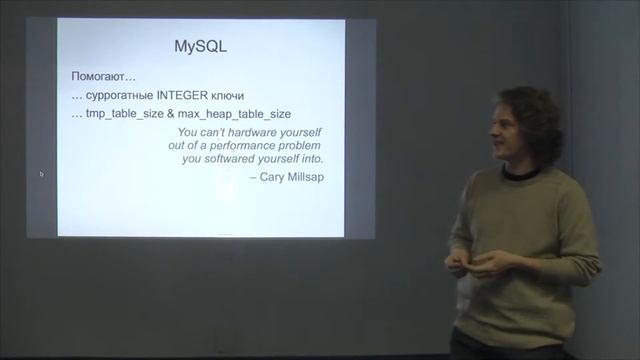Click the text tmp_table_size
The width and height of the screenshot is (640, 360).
pyautogui.click(x=123, y=114)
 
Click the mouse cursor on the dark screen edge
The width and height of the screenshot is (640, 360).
pyautogui.click(x=41, y=174)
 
